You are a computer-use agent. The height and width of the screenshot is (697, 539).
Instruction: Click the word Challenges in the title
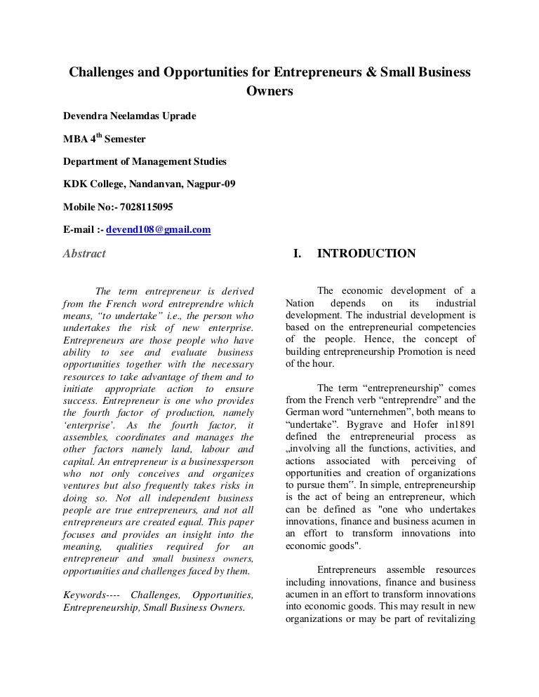(x=98, y=72)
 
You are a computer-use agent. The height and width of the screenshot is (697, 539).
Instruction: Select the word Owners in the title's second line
(x=269, y=91)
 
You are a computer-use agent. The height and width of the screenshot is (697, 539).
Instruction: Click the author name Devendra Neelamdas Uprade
(x=131, y=116)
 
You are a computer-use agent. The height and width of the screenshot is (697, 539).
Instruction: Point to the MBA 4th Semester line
(x=105, y=139)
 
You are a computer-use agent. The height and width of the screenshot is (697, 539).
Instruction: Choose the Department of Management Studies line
(x=145, y=161)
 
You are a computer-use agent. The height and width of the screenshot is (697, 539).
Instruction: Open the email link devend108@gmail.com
(x=159, y=229)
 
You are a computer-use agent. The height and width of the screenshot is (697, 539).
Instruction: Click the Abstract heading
(x=84, y=254)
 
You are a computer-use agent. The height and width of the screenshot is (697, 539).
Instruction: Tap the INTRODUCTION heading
(x=366, y=254)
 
